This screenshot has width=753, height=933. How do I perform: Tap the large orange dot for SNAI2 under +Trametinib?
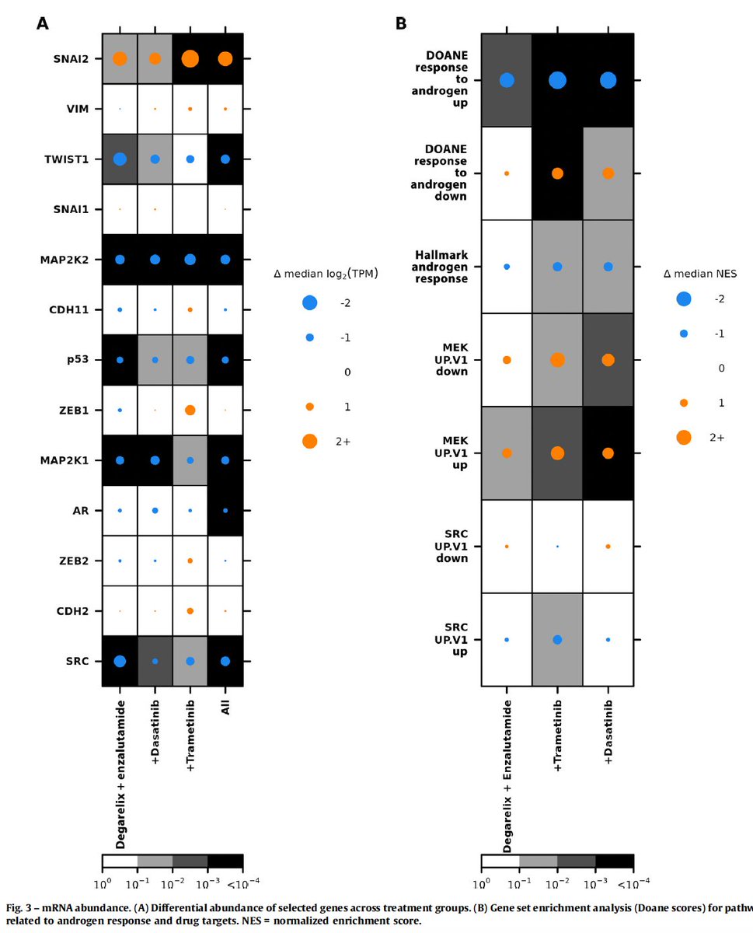click(190, 58)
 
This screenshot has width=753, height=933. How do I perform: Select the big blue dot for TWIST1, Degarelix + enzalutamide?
click(120, 159)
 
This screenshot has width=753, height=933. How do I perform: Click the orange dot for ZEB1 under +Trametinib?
click(190, 410)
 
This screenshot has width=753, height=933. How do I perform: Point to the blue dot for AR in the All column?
click(225, 510)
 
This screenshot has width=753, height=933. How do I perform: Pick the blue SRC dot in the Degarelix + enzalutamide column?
click(120, 661)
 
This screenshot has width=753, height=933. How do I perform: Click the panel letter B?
click(401, 24)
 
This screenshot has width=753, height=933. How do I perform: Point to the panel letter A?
click(44, 24)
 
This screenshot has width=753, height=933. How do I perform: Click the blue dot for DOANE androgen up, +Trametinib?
click(557, 80)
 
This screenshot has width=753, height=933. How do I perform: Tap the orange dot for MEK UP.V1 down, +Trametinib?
click(557, 359)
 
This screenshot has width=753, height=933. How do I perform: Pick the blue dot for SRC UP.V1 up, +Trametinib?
click(557, 639)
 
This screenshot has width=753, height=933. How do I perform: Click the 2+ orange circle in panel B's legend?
click(684, 437)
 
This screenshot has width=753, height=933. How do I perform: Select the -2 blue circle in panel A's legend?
click(309, 303)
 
